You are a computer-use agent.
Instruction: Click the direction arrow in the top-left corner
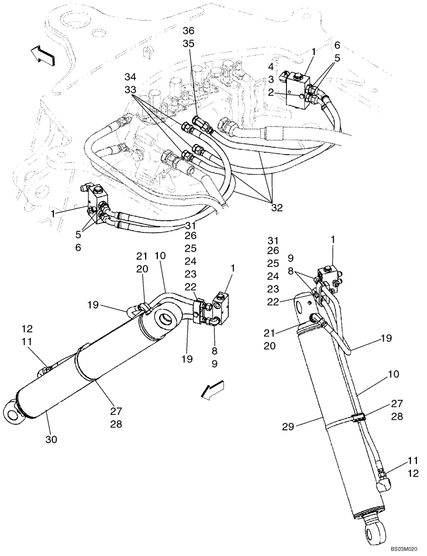tap(43, 56)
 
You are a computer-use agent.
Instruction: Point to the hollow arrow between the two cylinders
tap(215, 390)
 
